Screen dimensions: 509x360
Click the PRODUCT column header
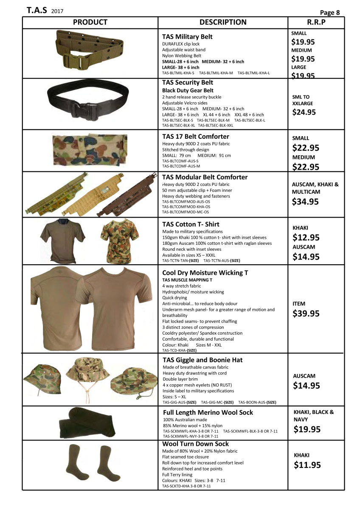[90, 22]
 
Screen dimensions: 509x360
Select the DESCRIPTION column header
[223, 22]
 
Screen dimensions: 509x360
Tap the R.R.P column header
[316, 22]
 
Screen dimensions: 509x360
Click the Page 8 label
[329, 13]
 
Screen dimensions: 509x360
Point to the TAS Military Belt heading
[187, 37]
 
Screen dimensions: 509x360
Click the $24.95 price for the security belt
[304, 112]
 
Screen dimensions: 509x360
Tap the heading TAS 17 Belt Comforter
[196, 137]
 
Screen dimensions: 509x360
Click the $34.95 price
[305, 202]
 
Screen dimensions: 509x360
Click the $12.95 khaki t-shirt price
[306, 238]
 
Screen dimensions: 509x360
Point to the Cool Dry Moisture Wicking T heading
[205, 273]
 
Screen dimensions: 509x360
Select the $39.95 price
[306, 314]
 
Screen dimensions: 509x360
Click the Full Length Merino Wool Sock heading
[208, 412]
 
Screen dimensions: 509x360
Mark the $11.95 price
[307, 465]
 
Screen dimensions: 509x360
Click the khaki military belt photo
[89, 53]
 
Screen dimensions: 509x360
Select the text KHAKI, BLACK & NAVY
[314, 415]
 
